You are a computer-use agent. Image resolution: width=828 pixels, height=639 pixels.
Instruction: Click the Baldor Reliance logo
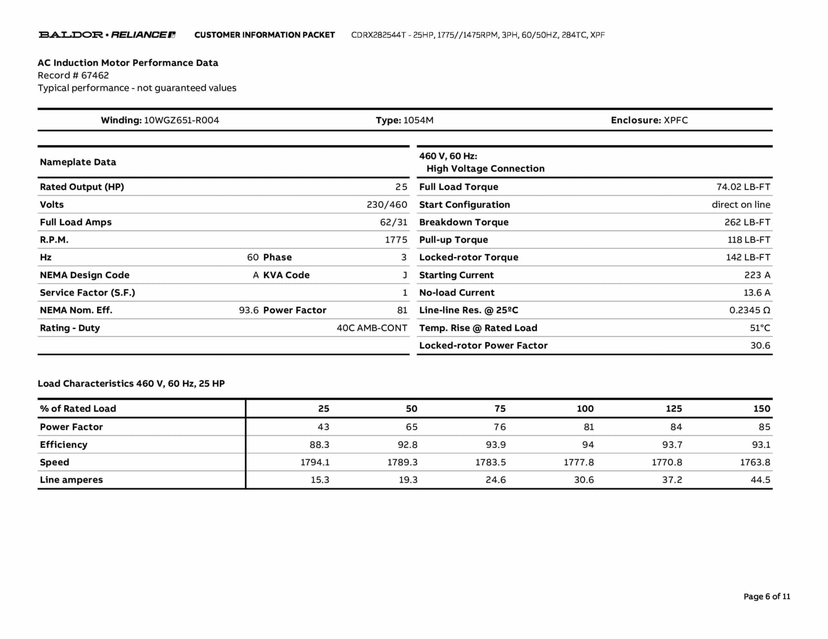point(107,35)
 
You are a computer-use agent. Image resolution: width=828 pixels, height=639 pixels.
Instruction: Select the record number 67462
point(95,76)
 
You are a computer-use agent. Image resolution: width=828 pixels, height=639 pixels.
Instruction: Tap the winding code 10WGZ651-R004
point(182,120)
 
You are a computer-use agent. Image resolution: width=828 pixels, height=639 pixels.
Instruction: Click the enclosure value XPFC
point(676,120)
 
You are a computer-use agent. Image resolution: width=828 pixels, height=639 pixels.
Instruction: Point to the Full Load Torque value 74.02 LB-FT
point(743,187)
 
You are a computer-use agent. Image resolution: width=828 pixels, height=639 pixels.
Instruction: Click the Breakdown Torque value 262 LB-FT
point(747,222)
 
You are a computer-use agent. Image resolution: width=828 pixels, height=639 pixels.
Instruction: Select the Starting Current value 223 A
point(757,275)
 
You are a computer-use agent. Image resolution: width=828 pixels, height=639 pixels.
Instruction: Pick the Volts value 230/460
point(387,205)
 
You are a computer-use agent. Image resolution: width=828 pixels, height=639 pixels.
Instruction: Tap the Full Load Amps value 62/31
point(393,222)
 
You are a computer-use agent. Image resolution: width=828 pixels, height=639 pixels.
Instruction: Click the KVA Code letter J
point(405,275)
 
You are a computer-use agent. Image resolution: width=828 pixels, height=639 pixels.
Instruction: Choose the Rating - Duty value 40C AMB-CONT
point(372,328)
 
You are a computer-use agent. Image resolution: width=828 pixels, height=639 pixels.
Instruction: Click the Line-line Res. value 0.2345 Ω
point(749,310)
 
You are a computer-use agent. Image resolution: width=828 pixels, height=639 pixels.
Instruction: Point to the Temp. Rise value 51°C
point(760,328)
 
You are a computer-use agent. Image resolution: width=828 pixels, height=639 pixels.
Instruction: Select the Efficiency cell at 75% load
point(495,445)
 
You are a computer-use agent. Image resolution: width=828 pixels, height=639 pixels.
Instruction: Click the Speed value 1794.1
point(315,462)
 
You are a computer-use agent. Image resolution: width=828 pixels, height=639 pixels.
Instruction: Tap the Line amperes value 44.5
point(760,480)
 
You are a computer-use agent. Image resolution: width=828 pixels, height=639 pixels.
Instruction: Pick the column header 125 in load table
point(674,409)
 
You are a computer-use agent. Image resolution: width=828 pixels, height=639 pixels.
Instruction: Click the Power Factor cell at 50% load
point(411,427)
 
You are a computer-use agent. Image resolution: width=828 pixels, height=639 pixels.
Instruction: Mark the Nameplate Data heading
point(78,162)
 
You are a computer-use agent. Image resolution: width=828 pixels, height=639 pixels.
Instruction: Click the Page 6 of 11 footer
point(767,597)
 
